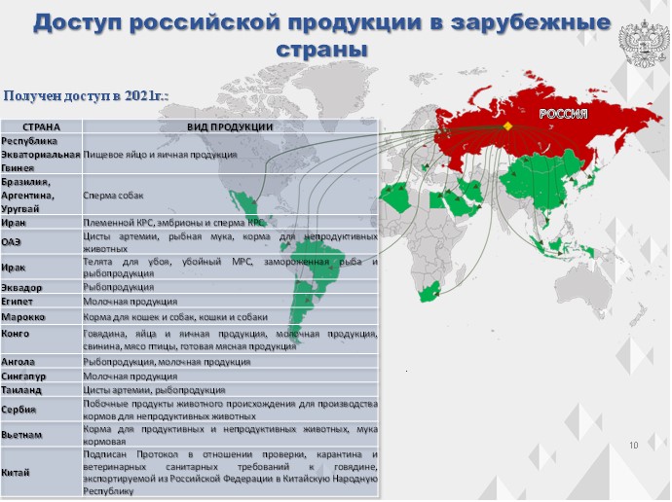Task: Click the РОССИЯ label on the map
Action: pyautogui.click(x=563, y=114)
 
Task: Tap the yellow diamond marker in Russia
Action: pyautogui.click(x=507, y=126)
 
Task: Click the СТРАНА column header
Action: pyautogui.click(x=41, y=127)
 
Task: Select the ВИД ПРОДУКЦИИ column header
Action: pyautogui.click(x=230, y=127)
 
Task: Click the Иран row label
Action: pyautogui.click(x=14, y=223)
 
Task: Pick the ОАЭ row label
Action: pyautogui.click(x=11, y=242)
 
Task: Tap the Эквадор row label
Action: pyautogui.click(x=21, y=288)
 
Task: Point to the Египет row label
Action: pyautogui.click(x=17, y=302)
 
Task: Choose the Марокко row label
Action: pyautogui.click(x=22, y=317)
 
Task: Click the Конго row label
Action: pyautogui.click(x=15, y=334)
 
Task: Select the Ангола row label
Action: pyautogui.click(x=18, y=362)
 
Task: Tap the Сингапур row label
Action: pyautogui.click(x=23, y=376)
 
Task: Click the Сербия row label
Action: pyautogui.click(x=18, y=410)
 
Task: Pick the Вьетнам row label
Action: pyautogui.click(x=21, y=435)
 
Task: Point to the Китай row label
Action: pyautogui.click(x=16, y=473)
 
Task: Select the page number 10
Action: pyautogui.click(x=633, y=445)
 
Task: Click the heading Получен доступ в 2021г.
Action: pyautogui.click(x=86, y=95)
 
